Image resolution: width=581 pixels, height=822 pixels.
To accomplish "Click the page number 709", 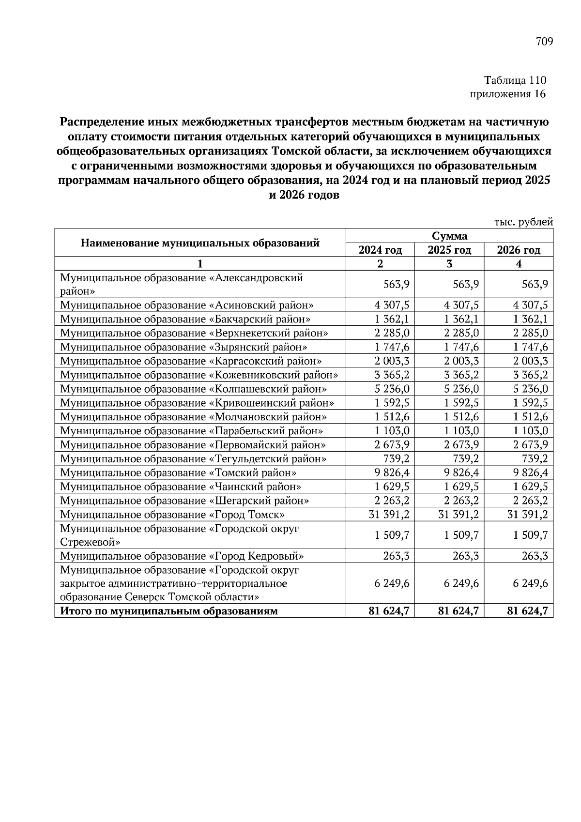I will pos(544,42).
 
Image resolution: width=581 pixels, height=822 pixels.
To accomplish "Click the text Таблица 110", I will pos(515,80).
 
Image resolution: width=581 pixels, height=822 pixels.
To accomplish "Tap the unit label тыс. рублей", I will pos(523,222).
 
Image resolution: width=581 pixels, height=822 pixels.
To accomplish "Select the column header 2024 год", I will pos(380,250).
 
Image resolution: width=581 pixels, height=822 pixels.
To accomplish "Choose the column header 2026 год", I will pos(519,250).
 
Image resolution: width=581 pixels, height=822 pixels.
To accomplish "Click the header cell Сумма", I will pos(449,236).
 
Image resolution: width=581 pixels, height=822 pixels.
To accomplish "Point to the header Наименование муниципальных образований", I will pos(199,243).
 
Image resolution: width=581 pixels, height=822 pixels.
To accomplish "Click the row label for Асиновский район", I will pos(187,305).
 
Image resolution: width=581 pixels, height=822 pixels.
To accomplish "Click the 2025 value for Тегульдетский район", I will pos(465,458).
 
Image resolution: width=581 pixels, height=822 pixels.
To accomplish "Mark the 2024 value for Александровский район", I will pos(396,284).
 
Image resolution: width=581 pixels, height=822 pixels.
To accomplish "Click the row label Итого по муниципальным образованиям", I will pos(169,611).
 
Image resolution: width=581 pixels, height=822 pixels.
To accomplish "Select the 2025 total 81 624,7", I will pos(458,611).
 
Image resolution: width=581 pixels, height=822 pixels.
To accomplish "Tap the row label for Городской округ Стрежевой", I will pos(179,535).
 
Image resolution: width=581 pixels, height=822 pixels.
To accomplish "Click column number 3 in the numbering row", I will pos(449,264).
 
